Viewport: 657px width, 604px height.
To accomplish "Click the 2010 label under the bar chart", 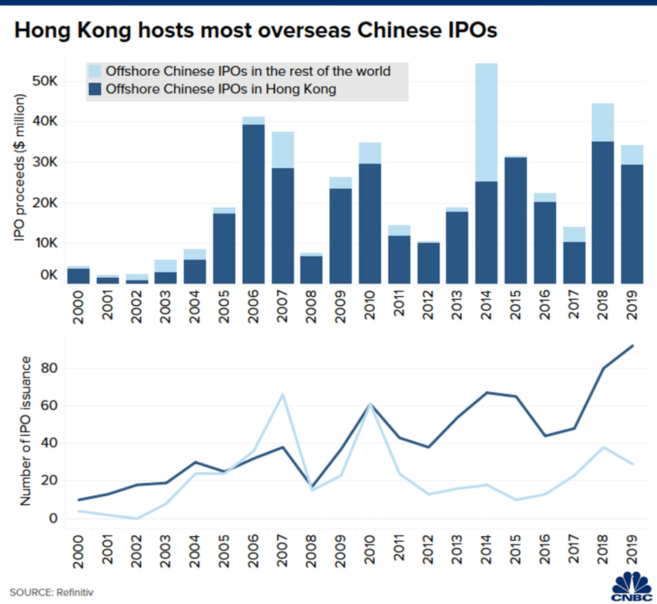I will (369, 308).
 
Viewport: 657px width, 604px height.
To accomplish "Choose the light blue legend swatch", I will (95, 71).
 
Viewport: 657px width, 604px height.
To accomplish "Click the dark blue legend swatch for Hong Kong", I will (95, 88).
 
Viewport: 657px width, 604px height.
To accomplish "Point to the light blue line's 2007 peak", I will (282, 395).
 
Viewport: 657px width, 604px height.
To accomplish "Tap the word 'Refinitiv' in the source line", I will (74, 591).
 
